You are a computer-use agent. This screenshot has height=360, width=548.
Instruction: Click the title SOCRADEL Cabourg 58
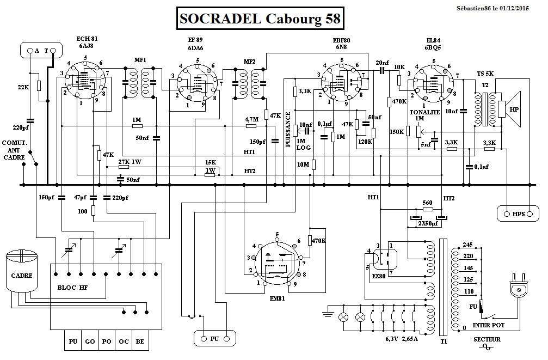(x=260, y=18)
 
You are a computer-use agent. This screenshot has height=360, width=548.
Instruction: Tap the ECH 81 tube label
(x=87, y=39)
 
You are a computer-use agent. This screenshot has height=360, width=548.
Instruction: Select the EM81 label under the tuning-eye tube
(x=277, y=298)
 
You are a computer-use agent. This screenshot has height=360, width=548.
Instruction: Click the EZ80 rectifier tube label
(x=379, y=276)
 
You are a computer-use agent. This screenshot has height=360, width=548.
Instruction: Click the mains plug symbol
(x=517, y=287)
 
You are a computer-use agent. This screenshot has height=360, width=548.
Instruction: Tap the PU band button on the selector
(x=73, y=341)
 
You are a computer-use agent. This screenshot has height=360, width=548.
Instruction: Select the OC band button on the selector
(x=124, y=341)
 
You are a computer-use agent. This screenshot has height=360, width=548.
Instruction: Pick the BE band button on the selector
(x=140, y=341)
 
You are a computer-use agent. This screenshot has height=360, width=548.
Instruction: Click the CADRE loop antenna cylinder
(x=22, y=271)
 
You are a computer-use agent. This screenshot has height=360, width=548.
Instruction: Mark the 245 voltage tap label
(x=468, y=245)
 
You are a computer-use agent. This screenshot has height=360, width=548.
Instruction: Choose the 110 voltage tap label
(x=469, y=291)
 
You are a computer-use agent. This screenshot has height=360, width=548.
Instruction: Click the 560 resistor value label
(x=427, y=203)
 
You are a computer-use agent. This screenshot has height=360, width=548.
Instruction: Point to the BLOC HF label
(x=73, y=288)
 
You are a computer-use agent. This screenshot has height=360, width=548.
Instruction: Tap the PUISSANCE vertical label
(x=288, y=130)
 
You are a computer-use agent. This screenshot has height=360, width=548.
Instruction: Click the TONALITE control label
(x=424, y=112)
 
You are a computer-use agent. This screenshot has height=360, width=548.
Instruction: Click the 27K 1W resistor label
(x=130, y=162)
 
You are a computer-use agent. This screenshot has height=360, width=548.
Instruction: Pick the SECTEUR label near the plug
(x=487, y=339)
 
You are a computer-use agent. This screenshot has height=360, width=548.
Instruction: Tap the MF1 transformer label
(x=140, y=60)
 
